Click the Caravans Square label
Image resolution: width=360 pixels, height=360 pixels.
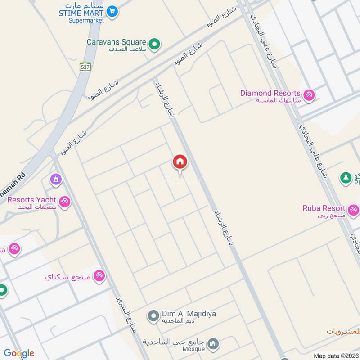(x=117, y=42)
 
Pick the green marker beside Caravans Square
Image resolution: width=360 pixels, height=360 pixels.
(x=154, y=44)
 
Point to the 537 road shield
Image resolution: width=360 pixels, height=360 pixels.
(x=85, y=67)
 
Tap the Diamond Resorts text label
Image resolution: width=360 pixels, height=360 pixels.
(x=270, y=93)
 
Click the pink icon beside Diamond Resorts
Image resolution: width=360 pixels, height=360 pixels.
(x=309, y=95)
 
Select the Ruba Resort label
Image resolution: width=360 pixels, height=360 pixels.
(x=324, y=208)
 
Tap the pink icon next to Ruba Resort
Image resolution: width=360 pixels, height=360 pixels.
(x=353, y=210)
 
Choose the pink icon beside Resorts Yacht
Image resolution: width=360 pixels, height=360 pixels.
(x=65, y=202)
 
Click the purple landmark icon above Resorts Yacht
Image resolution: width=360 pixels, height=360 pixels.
(x=56, y=180)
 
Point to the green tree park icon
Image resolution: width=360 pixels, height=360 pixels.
(x=346, y=178)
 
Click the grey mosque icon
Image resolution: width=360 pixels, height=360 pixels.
(x=214, y=344)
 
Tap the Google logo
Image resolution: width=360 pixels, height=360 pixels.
(x=19, y=353)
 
